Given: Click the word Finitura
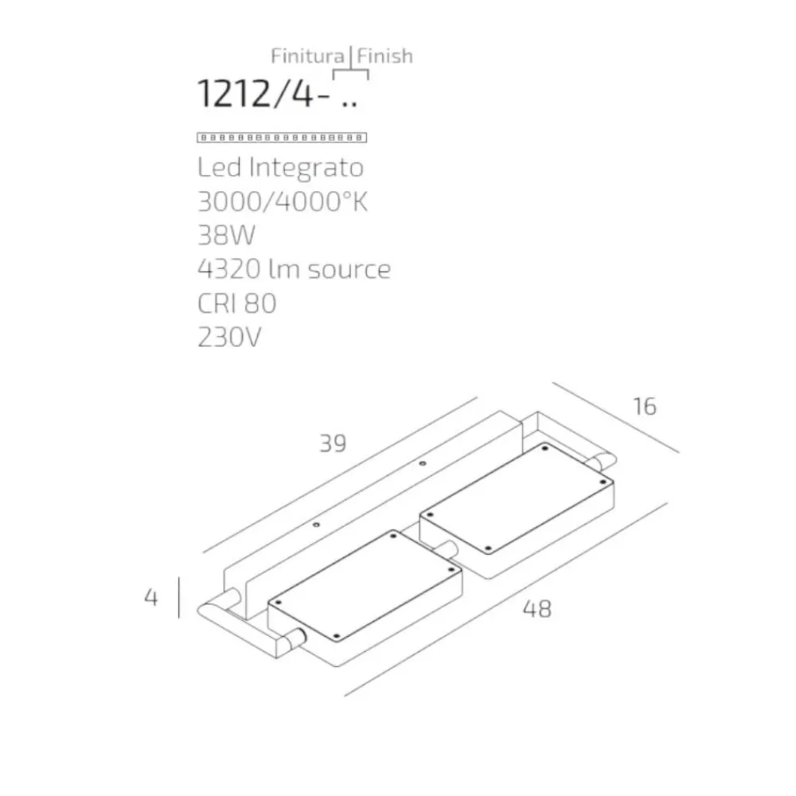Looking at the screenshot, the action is click(307, 56).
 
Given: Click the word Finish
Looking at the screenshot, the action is click(384, 56).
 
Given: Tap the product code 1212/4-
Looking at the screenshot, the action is click(263, 93).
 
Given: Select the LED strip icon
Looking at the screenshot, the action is click(282, 138).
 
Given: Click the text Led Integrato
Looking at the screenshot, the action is click(280, 168).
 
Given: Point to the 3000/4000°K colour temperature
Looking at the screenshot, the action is click(283, 201).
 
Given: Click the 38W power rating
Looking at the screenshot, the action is click(226, 235).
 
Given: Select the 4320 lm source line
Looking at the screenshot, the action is click(294, 269).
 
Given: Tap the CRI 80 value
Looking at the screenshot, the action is click(236, 303).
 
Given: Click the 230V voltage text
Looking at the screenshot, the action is click(229, 337).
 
